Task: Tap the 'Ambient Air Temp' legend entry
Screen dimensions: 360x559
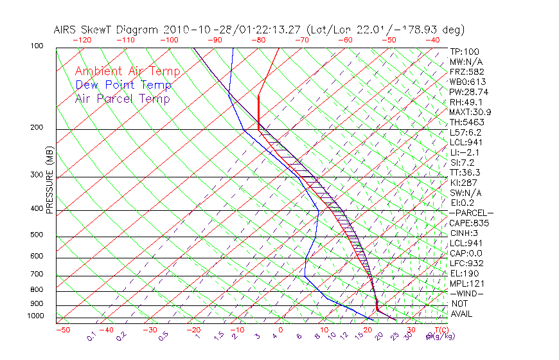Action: [x=127, y=71]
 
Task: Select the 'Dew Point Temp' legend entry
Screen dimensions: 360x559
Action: [x=123, y=85]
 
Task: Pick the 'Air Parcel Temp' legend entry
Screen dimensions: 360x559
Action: [x=122, y=98]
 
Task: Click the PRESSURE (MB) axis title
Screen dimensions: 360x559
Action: [x=49, y=183]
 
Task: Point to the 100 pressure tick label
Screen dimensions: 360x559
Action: [x=37, y=46]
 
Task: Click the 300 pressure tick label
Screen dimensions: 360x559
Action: [x=37, y=175]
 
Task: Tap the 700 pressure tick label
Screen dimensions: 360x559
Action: [x=37, y=275]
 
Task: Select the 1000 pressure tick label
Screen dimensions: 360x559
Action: [x=35, y=316]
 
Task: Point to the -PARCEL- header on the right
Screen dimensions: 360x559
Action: [x=471, y=213]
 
